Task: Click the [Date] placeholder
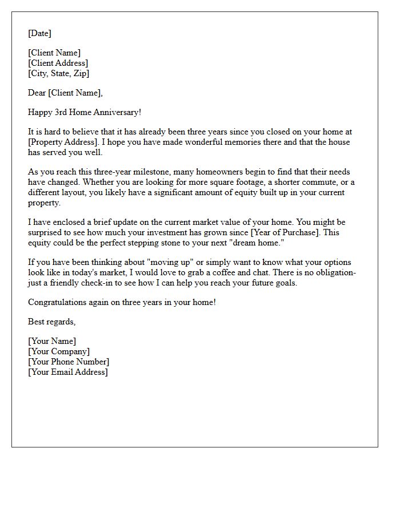click(39, 33)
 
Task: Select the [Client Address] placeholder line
click(58, 63)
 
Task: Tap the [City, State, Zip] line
click(58, 73)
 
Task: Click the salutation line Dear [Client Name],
click(65, 93)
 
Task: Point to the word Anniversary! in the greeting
click(117, 112)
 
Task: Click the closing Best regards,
click(51, 322)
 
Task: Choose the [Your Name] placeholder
click(52, 341)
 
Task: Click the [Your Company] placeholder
click(59, 351)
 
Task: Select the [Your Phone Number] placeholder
click(69, 362)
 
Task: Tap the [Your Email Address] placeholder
click(68, 372)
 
